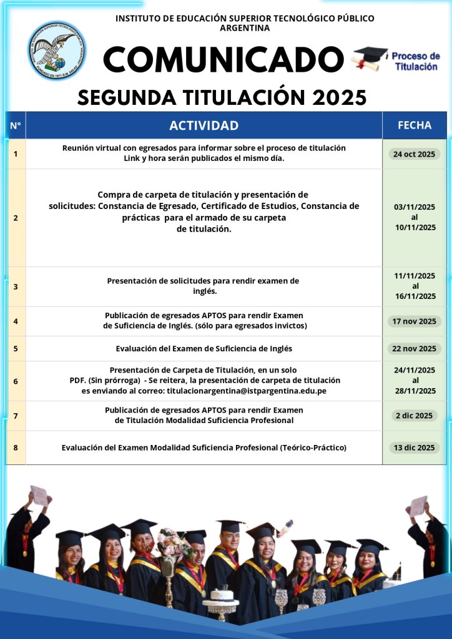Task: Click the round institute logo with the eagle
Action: click(x=57, y=51)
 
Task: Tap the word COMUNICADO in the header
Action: click(x=224, y=60)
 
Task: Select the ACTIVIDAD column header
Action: click(x=204, y=125)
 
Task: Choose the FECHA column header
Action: click(x=415, y=125)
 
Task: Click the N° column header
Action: click(x=16, y=125)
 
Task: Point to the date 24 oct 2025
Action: click(x=415, y=154)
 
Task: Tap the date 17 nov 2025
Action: click(x=415, y=321)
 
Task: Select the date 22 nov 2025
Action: click(x=415, y=348)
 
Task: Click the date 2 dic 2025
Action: click(x=415, y=416)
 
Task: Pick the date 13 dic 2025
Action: click(x=415, y=447)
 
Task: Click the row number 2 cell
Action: click(x=16, y=218)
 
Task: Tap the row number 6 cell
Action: click(x=16, y=381)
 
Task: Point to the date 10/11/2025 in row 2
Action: click(x=415, y=228)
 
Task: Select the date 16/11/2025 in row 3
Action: click(x=415, y=296)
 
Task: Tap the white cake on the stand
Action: click(x=221, y=593)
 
